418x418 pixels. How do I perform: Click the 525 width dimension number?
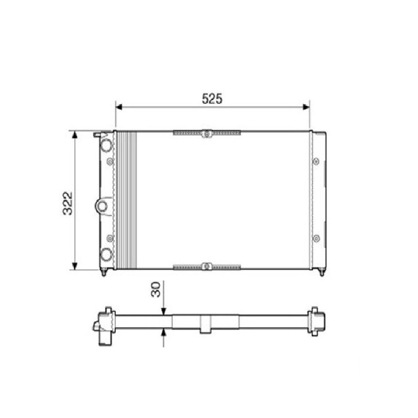[212, 99]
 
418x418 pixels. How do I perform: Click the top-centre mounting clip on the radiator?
[207, 134]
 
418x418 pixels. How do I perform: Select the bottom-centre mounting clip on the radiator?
[207, 266]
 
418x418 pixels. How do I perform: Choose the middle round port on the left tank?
[102, 206]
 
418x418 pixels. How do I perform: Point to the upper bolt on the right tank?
[316, 162]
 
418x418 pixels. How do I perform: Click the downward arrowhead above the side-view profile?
[163, 312]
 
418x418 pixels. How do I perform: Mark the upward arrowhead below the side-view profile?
[163, 332]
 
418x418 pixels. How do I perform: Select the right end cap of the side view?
[318, 321]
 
